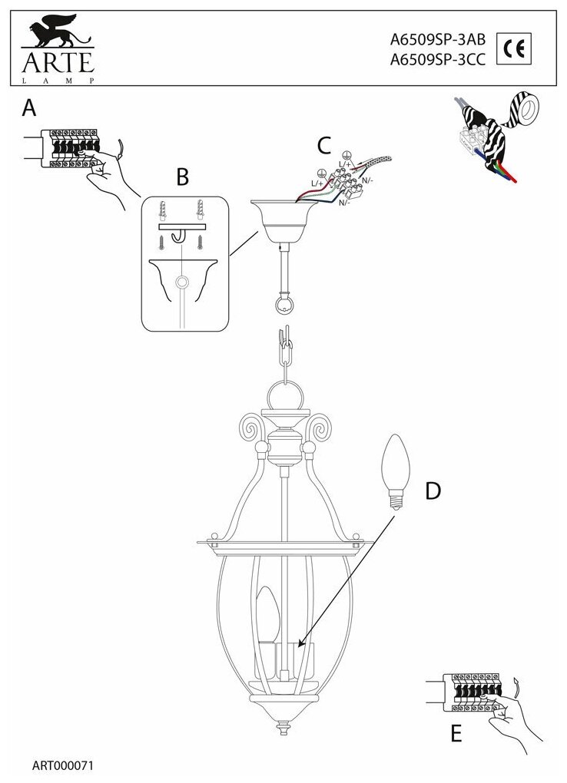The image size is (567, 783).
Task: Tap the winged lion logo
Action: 54,35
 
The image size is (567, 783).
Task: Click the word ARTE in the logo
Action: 53,61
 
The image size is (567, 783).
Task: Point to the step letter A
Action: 29,108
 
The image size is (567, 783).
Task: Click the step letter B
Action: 182,177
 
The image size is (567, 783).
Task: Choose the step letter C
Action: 323,144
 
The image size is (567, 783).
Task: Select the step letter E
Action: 456,734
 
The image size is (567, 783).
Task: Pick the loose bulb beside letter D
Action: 396,470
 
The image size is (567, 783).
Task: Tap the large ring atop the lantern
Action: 283,399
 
